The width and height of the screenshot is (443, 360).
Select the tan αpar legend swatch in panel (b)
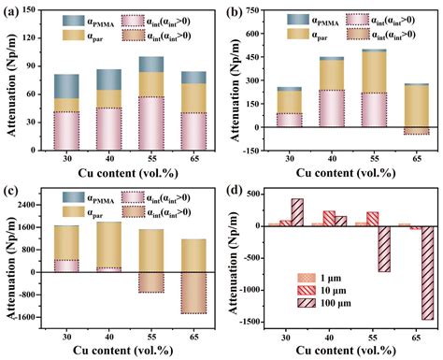pos(296,37)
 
